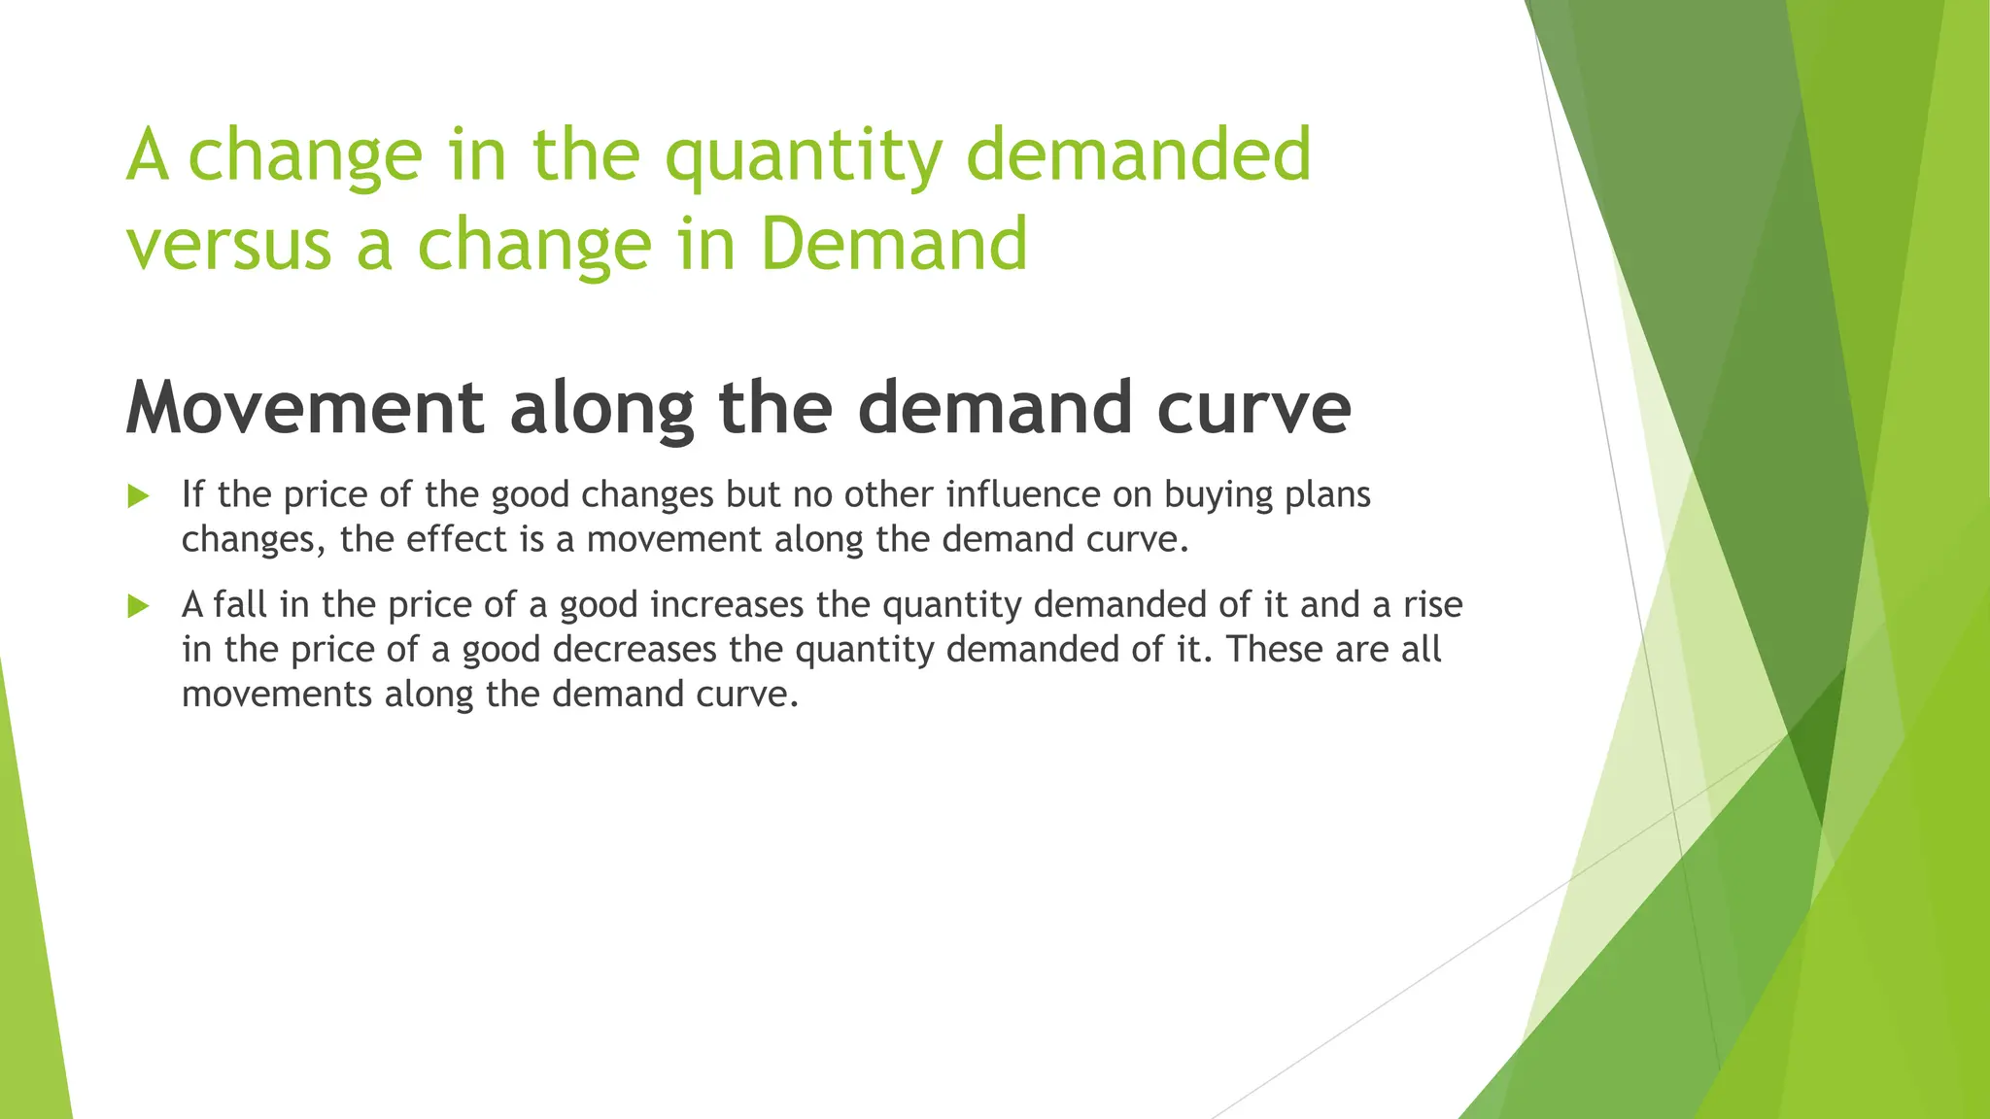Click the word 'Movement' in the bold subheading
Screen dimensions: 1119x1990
point(304,408)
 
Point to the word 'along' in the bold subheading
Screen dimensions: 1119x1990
point(601,408)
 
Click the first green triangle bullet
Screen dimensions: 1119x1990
point(138,496)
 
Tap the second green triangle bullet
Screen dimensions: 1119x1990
point(138,607)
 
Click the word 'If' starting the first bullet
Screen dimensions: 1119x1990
point(192,494)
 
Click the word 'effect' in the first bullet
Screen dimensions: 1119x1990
point(456,539)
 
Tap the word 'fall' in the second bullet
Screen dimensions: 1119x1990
point(240,605)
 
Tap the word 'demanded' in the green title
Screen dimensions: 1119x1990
point(1139,155)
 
